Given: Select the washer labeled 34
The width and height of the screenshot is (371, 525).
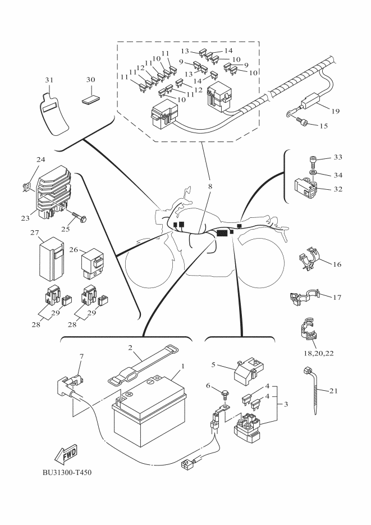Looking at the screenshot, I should [313, 172].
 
